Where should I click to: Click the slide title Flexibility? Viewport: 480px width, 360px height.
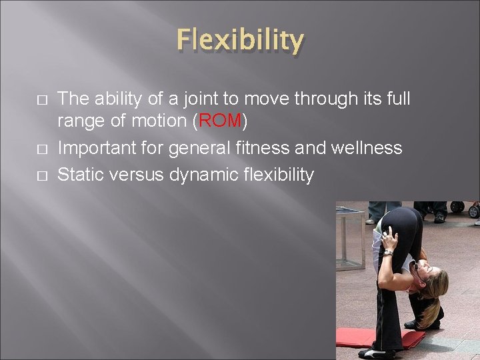[240, 41]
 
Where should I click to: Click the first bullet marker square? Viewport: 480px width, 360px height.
[42, 100]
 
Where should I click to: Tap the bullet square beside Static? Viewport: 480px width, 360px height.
[42, 175]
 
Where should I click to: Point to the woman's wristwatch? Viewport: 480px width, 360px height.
[388, 253]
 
